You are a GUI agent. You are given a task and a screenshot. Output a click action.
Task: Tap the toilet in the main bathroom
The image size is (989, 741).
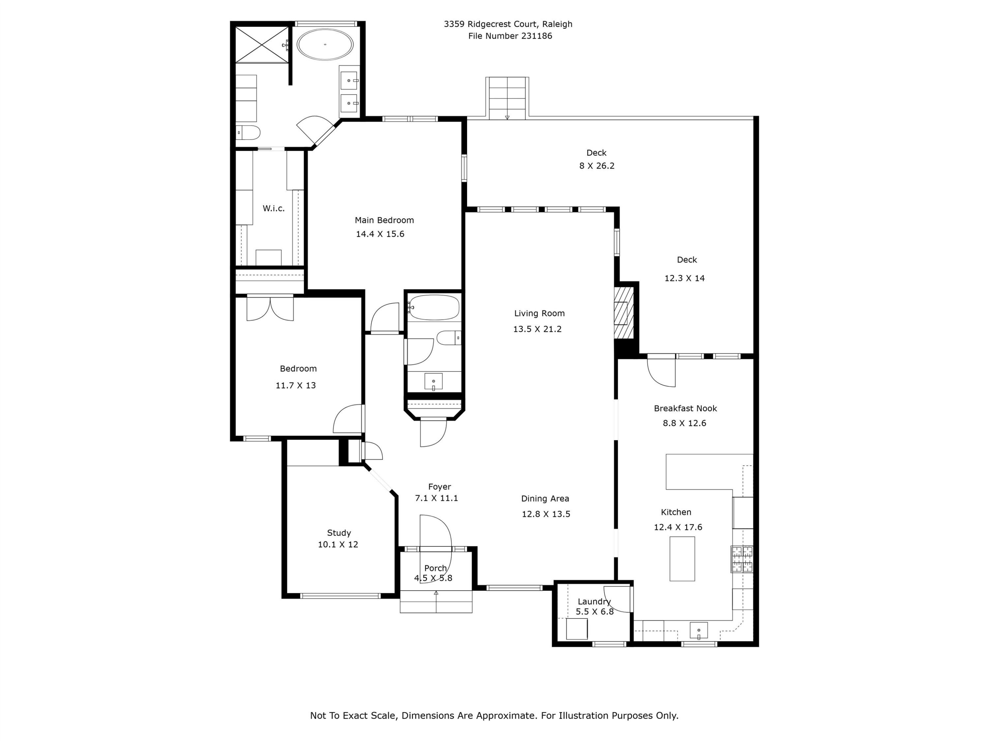[x=249, y=133]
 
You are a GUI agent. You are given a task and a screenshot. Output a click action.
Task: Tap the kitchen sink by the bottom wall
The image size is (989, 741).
[x=698, y=630]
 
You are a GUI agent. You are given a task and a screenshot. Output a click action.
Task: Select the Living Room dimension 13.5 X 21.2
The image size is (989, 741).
[x=537, y=329]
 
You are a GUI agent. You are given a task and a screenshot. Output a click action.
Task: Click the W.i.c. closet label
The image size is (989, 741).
[x=273, y=208]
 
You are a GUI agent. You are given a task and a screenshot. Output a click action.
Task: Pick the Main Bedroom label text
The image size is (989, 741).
[x=384, y=220]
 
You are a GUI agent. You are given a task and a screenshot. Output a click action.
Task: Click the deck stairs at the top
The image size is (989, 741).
[x=507, y=98]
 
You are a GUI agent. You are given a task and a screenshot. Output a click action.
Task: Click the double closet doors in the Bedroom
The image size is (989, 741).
[x=270, y=308]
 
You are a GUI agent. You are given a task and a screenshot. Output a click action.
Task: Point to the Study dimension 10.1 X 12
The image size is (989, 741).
[x=338, y=544]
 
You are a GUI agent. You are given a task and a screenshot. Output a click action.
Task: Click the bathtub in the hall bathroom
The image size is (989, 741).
[x=434, y=307]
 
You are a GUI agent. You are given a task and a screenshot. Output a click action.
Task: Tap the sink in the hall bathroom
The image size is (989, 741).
[x=433, y=381]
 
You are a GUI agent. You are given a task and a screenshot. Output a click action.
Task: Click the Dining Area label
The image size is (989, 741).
[x=545, y=499]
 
